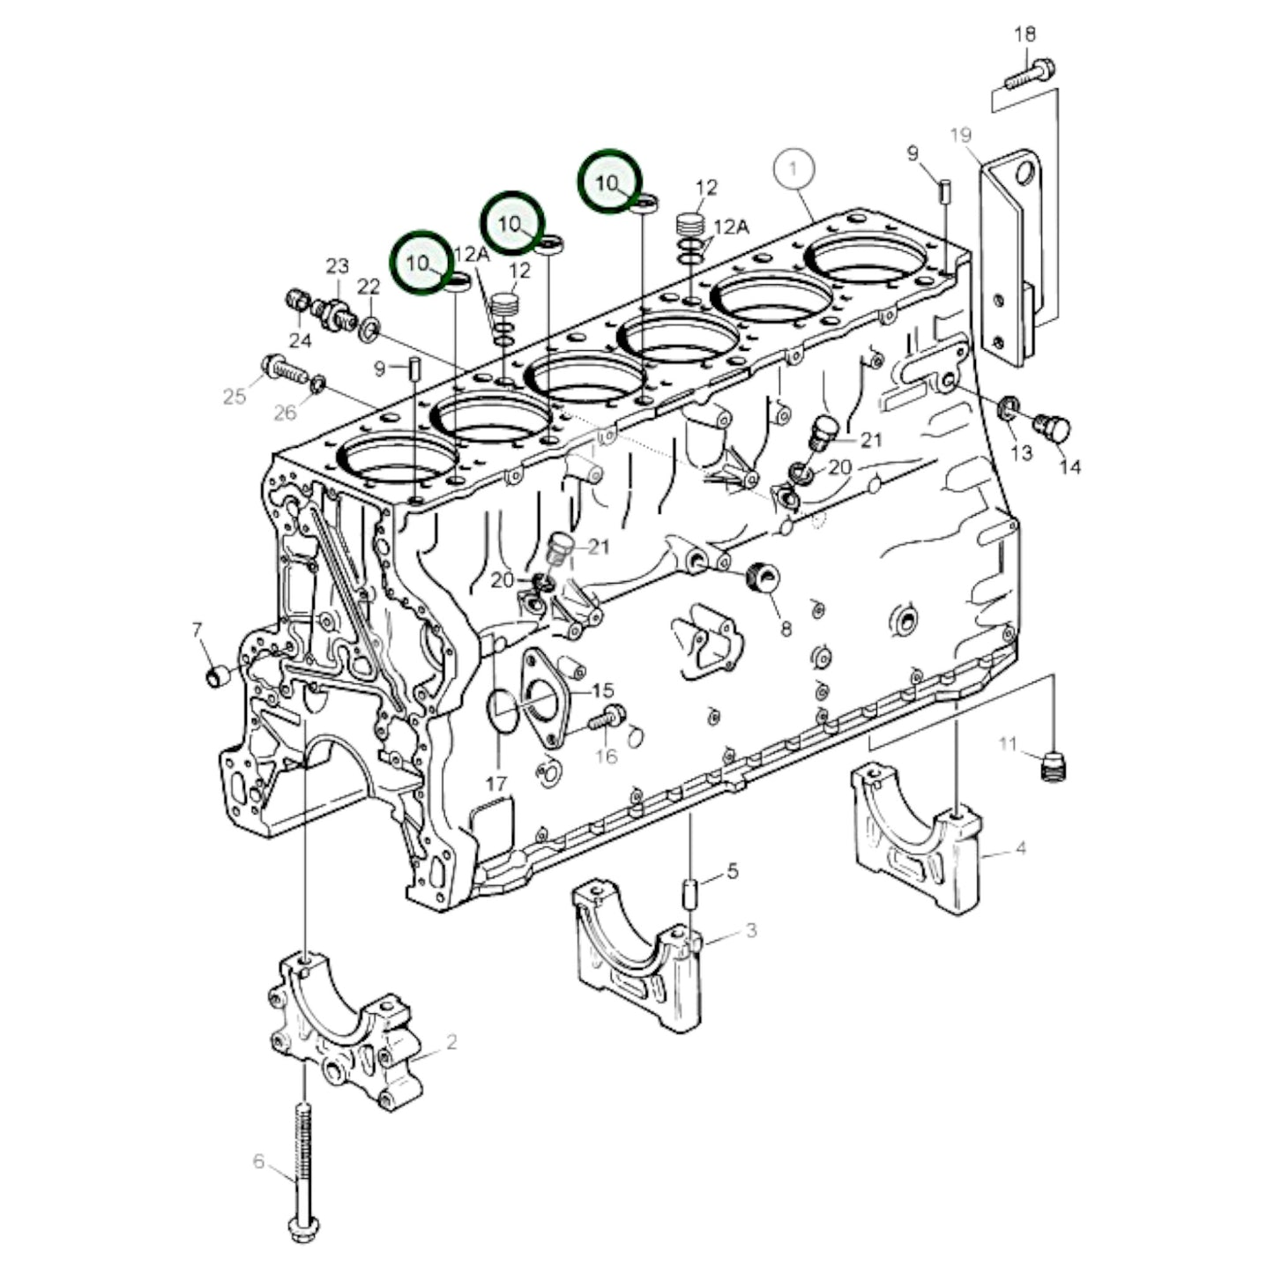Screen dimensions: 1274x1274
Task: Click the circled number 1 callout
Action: pos(793,168)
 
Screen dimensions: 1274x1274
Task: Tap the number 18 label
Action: pos(1024,35)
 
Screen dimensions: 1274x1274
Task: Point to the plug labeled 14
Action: pos(1054,429)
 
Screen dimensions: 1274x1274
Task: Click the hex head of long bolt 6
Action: pos(303,1226)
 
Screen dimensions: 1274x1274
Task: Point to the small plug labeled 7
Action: pos(217,677)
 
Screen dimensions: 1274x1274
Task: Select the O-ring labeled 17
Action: pos(503,710)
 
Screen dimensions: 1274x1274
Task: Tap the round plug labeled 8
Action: pos(760,579)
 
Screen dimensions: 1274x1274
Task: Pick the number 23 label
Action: pos(338,265)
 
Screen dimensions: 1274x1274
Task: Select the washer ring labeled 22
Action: pos(370,331)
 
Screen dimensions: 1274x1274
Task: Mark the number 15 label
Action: pos(603,690)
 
